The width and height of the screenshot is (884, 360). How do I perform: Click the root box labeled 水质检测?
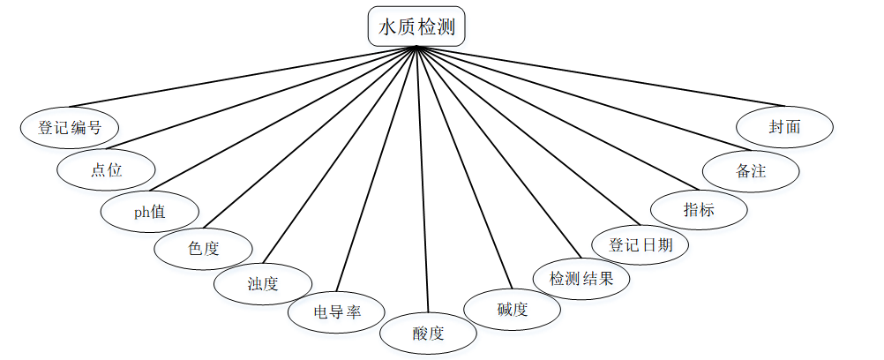[x=416, y=26]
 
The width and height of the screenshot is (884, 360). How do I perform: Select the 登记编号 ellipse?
[x=70, y=127]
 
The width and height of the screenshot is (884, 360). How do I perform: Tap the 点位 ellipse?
[x=106, y=170]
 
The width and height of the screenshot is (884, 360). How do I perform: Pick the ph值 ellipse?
[x=150, y=212]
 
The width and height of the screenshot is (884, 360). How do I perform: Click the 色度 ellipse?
[x=203, y=249]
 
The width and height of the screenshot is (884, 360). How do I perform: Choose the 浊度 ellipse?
[x=263, y=284]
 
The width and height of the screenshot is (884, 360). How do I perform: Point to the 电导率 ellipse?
[x=336, y=312]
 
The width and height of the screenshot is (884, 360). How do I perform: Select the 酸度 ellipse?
[x=429, y=334]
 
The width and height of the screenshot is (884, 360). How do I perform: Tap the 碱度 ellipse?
[x=513, y=309]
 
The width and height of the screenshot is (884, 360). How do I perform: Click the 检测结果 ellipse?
[x=582, y=278]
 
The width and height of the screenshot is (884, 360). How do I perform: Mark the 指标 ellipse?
[x=699, y=210]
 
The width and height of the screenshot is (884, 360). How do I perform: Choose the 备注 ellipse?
[x=751, y=170]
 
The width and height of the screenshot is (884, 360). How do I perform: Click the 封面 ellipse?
[x=784, y=127]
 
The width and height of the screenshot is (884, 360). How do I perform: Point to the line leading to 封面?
[x=600, y=76]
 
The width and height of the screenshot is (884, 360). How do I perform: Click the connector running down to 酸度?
[x=422, y=176]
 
